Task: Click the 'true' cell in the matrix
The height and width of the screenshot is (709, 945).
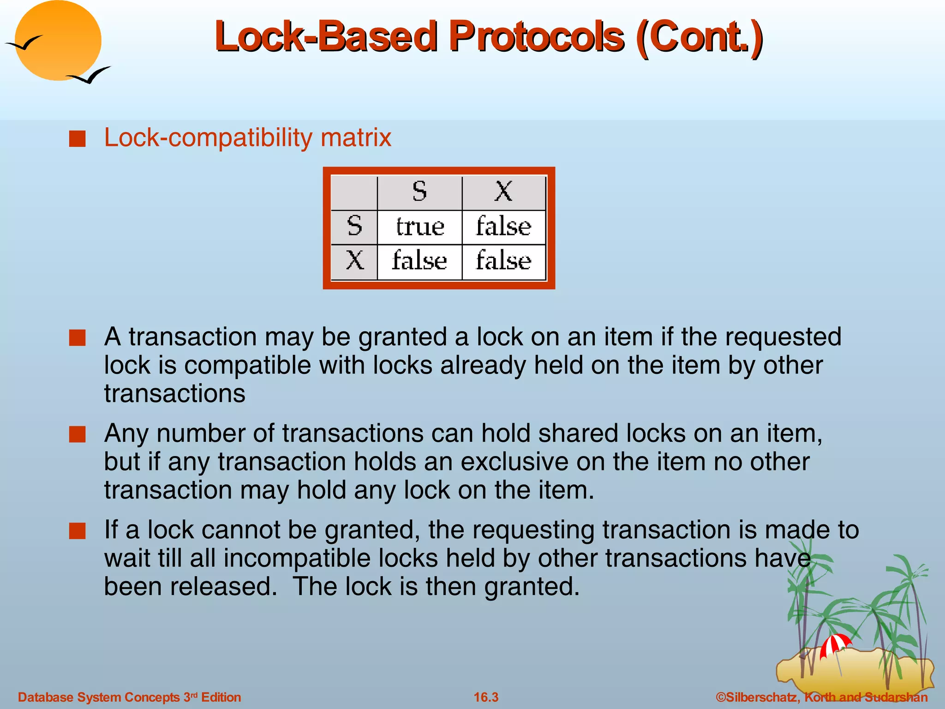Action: [x=420, y=227]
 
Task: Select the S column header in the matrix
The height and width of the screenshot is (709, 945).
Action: [x=419, y=192]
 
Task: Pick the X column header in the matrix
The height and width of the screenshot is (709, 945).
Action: [x=503, y=192]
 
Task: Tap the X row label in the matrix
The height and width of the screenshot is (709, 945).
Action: [x=354, y=261]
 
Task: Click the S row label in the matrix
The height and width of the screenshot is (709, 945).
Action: [x=354, y=226]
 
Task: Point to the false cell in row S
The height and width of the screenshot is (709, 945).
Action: [x=503, y=227]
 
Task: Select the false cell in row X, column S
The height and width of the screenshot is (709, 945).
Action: [x=419, y=261]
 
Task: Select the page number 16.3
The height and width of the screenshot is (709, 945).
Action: [x=486, y=697]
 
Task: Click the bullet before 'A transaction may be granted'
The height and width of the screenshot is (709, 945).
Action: [x=78, y=338]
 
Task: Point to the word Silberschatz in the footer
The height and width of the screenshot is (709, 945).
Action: [x=761, y=697]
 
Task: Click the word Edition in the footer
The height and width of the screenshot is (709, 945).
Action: [x=221, y=697]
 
